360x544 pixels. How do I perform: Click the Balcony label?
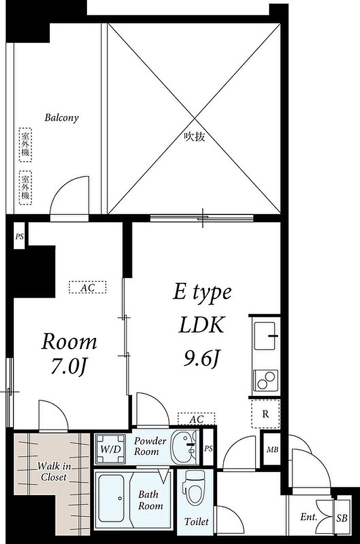click(x=61, y=118)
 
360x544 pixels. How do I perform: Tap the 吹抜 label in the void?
click(x=194, y=137)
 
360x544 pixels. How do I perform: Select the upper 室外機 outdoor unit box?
click(x=25, y=145)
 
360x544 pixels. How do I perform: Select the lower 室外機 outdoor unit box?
click(x=25, y=188)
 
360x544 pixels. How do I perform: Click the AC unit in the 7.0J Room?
click(x=87, y=287)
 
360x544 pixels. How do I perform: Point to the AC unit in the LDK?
click(x=196, y=419)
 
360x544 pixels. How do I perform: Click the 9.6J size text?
click(x=202, y=358)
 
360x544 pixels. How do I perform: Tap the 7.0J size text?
click(x=68, y=366)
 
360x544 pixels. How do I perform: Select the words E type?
click(x=202, y=293)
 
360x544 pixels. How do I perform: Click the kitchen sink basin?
click(x=265, y=336)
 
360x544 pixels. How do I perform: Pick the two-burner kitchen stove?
click(x=265, y=380)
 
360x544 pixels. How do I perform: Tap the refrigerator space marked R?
click(x=265, y=414)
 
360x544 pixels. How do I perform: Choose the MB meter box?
click(x=273, y=449)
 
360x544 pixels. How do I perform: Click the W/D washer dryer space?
click(x=111, y=449)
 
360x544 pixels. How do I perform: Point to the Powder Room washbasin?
click(x=185, y=447)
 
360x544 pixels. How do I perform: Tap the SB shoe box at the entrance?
click(x=342, y=518)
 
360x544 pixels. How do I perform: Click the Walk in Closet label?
click(x=53, y=472)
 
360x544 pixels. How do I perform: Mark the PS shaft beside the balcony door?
click(x=20, y=237)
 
